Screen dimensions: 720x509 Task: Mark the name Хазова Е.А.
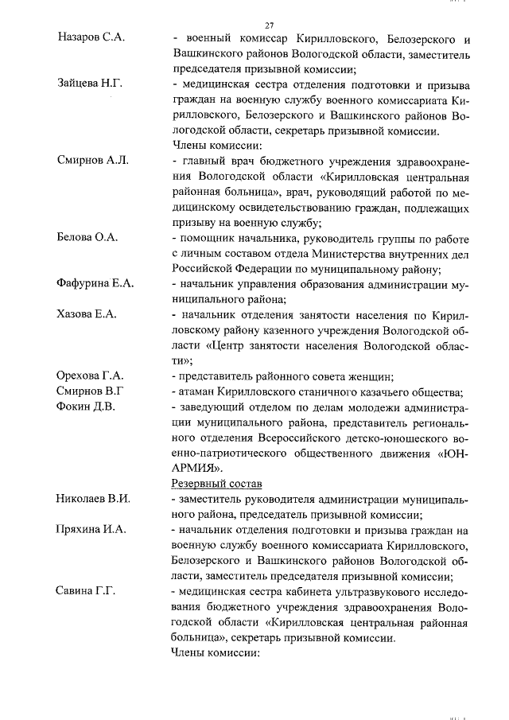pyautogui.click(x=87, y=314)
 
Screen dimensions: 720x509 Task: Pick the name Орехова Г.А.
pyautogui.click(x=91, y=376)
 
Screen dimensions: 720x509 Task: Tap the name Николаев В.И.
pyautogui.click(x=94, y=498)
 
